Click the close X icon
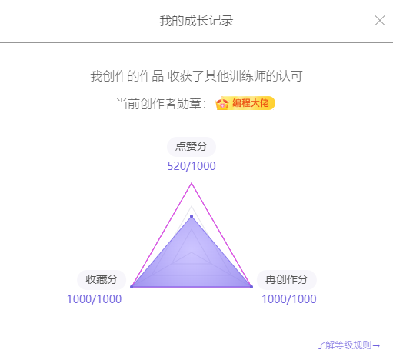[x=380, y=21]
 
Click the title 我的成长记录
[x=196, y=21]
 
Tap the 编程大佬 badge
[x=245, y=103]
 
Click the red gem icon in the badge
[x=222, y=104]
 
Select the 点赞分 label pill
[x=192, y=147]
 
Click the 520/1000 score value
[x=192, y=166]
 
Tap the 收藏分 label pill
[x=102, y=279]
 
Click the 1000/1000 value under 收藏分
[x=94, y=299]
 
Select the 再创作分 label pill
[x=287, y=279]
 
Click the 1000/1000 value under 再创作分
[x=289, y=299]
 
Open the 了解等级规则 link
[x=348, y=345]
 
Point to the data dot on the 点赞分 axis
[x=192, y=217]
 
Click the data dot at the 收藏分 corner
[x=132, y=287]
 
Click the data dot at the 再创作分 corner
[x=251, y=287]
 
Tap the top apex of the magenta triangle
[x=192, y=183]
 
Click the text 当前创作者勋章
[x=158, y=104]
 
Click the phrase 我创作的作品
[x=127, y=76]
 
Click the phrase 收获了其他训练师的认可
[x=235, y=76]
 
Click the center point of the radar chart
[x=192, y=252]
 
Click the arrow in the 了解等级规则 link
[x=376, y=345]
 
